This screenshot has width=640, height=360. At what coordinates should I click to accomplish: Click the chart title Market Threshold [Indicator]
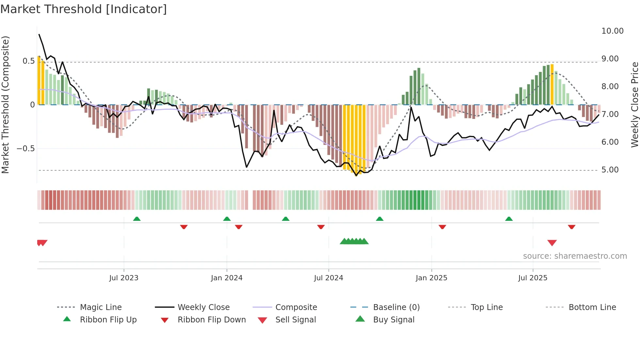[x=84, y=9]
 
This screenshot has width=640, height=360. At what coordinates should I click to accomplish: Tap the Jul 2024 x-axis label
[x=328, y=278]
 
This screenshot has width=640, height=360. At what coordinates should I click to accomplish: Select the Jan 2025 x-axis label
[x=431, y=278]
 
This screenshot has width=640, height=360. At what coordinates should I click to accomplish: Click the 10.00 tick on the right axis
[x=612, y=31]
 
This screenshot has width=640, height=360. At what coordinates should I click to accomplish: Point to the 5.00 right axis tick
[x=610, y=170]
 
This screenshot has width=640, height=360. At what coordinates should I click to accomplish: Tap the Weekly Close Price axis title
[x=634, y=105]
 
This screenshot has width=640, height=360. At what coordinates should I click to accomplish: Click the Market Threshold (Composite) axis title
[x=5, y=105]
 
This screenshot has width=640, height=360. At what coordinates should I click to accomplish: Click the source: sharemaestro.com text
[x=575, y=256]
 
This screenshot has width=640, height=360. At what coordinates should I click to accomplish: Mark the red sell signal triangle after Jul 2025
[x=552, y=243]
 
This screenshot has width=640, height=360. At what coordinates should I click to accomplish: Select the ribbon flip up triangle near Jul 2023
[x=137, y=219]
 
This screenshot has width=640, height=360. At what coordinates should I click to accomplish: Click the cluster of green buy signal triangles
[x=354, y=241]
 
